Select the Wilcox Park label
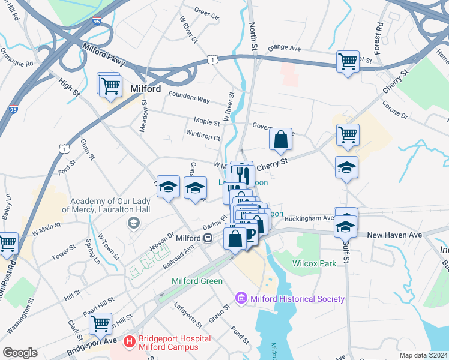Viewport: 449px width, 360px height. tap(314, 263)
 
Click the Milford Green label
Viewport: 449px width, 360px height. tap(197, 281)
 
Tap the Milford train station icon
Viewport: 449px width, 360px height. tap(208, 238)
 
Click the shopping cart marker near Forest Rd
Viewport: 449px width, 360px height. tap(348, 62)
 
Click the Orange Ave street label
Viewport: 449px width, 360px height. tap(283, 48)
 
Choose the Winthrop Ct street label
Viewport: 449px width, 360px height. tap(203, 136)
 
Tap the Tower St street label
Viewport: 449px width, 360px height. tap(64, 251)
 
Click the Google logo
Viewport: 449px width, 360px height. tap(20, 353)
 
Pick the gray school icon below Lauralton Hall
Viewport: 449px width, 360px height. tap(133, 223)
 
